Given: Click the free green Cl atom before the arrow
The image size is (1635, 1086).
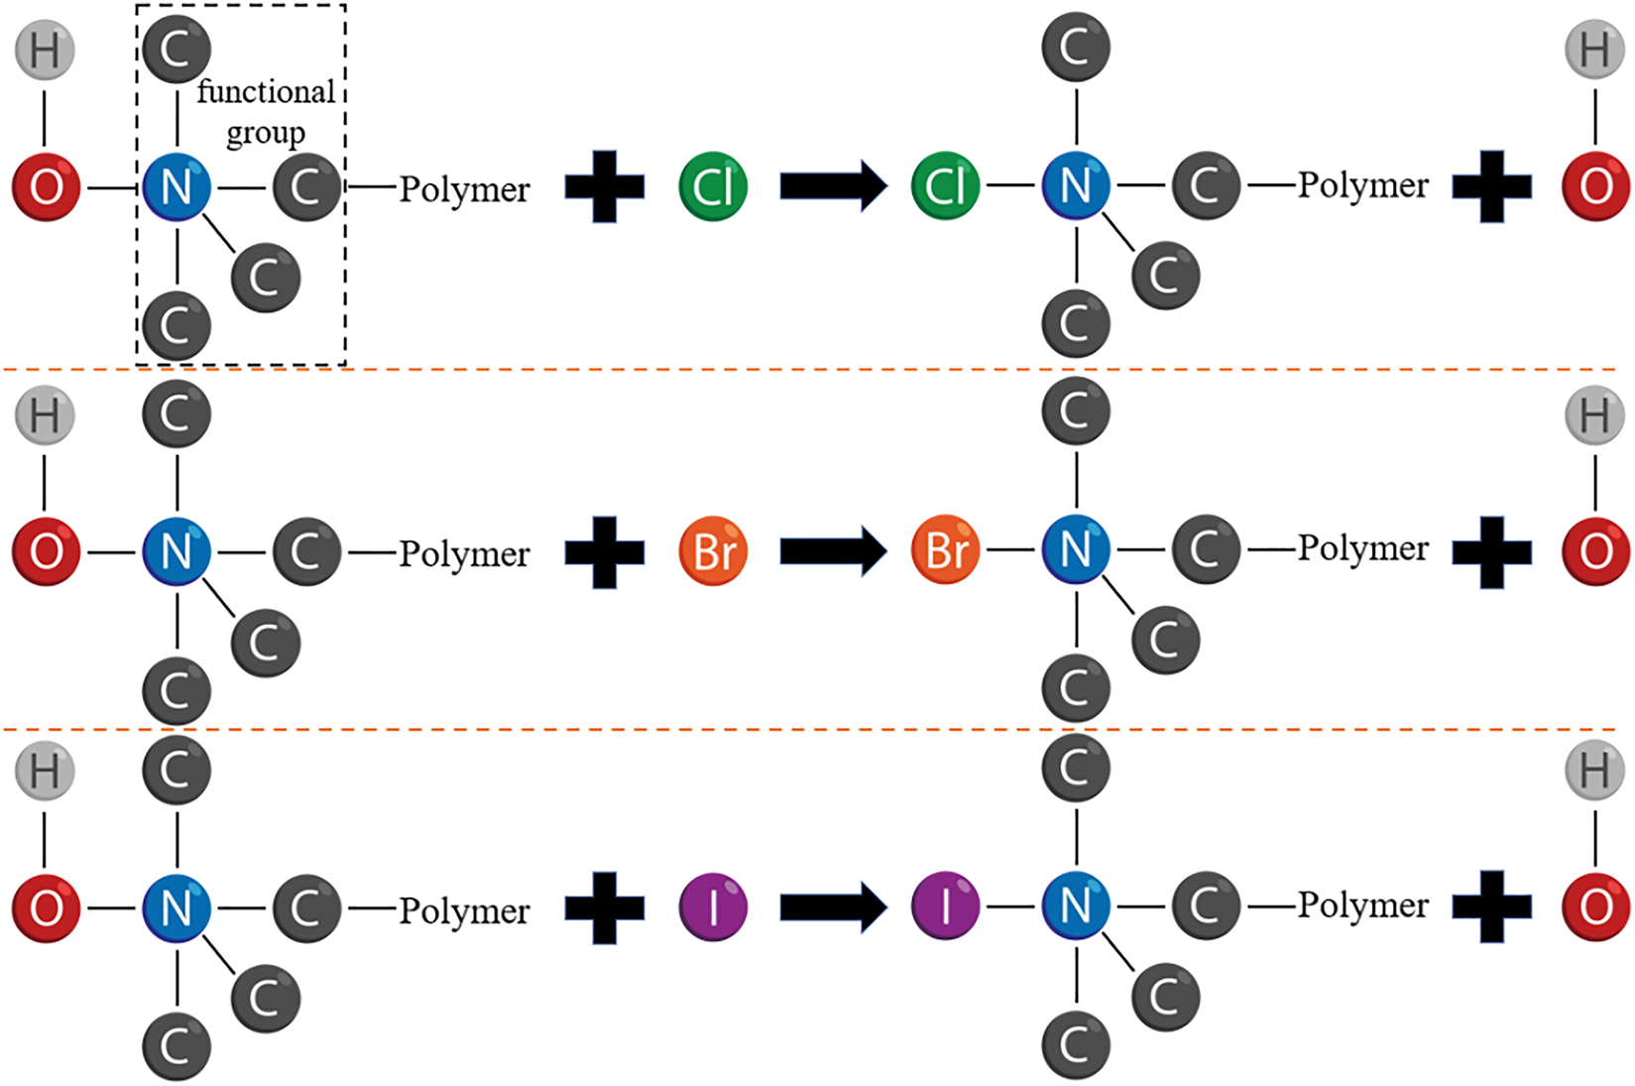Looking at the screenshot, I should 713,185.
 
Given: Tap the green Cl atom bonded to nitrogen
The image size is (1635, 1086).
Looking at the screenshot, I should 945,185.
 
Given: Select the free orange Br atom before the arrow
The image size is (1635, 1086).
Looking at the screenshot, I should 713,550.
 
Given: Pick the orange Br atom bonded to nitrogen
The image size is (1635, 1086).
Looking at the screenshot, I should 945,549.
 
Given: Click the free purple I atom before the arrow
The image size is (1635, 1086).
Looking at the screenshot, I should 713,906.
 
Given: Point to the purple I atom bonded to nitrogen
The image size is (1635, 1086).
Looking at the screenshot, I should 945,905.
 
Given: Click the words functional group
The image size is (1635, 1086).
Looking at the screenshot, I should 266,111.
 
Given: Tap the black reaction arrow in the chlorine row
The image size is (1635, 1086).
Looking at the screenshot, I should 832,185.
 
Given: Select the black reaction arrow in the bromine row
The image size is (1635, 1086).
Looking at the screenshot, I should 832,550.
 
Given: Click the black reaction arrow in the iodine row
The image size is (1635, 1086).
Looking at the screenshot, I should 832,906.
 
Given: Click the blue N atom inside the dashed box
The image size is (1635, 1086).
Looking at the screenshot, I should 176,186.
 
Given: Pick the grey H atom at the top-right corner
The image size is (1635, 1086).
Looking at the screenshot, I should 1594,49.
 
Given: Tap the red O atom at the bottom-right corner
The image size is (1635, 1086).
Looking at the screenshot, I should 1594,905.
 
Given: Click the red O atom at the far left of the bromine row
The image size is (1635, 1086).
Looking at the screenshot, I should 46,551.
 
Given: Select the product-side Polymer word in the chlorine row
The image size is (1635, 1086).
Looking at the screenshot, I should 1363,184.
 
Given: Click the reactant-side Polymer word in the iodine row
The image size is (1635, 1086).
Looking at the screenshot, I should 464,910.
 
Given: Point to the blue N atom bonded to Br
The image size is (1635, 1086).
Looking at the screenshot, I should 1076,549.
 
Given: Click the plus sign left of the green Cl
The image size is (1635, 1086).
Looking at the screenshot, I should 605,186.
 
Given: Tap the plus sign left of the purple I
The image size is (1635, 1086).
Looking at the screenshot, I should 605,907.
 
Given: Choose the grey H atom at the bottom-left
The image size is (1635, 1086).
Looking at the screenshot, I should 45,771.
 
